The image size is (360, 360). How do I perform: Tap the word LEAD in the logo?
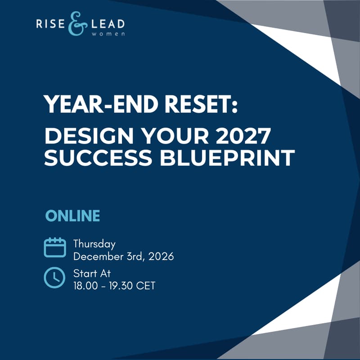pyautogui.click(x=106, y=23)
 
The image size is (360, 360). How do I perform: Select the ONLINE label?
pyautogui.click(x=72, y=216)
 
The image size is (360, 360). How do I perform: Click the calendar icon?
pyautogui.click(x=54, y=247)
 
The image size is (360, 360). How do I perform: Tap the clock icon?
pyautogui.click(x=54, y=277)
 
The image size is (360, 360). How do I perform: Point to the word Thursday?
pyautogui.click(x=94, y=244)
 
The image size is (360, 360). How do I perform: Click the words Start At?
pyautogui.click(x=92, y=273)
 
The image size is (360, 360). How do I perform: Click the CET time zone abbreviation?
pyautogui.click(x=146, y=286)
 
